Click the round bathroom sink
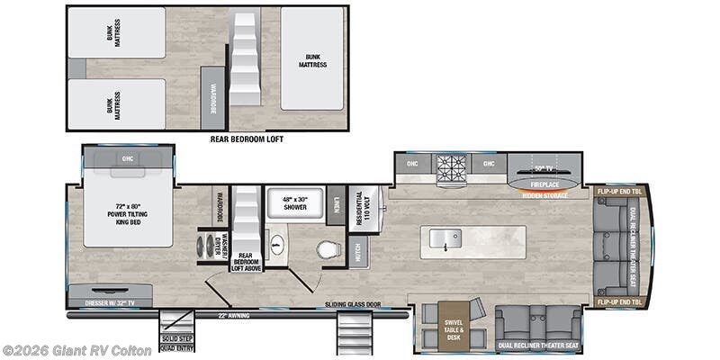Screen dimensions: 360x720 click(x=277, y=246)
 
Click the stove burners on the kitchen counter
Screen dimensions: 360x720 click(x=451, y=166)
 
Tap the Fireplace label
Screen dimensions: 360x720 click(x=544, y=184)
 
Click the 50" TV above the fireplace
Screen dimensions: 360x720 click(x=542, y=168)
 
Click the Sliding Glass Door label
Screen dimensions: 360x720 click(x=354, y=305)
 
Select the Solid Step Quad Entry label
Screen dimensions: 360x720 click(x=175, y=342)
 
